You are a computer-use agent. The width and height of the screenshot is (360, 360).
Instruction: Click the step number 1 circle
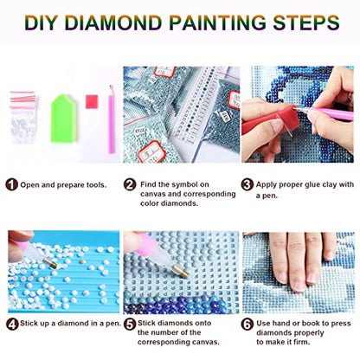click(x=11, y=184)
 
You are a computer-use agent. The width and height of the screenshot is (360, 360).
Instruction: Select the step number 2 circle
click(x=130, y=184)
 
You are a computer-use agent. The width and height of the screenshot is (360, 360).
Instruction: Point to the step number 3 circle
click(x=247, y=184)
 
